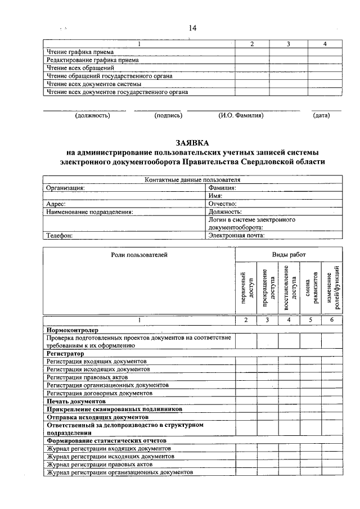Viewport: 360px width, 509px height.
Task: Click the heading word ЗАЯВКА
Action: [192, 143]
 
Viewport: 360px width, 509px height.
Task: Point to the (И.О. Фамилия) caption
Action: [241, 116]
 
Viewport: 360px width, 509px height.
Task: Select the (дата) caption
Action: [322, 116]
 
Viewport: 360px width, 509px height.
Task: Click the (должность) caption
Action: [93, 116]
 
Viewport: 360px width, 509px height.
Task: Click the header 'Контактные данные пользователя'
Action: [192, 180]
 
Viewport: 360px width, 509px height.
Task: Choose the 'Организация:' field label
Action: [66, 188]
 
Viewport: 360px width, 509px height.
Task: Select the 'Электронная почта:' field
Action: [236, 236]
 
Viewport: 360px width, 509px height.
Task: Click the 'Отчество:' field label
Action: [222, 204]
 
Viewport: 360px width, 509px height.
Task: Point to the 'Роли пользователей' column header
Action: [139, 255]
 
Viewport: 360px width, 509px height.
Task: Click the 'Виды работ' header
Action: [289, 255]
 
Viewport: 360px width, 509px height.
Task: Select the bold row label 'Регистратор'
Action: [65, 354]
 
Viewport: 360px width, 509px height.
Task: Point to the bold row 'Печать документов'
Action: [76, 402]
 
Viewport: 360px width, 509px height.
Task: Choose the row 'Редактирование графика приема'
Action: [93, 59]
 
